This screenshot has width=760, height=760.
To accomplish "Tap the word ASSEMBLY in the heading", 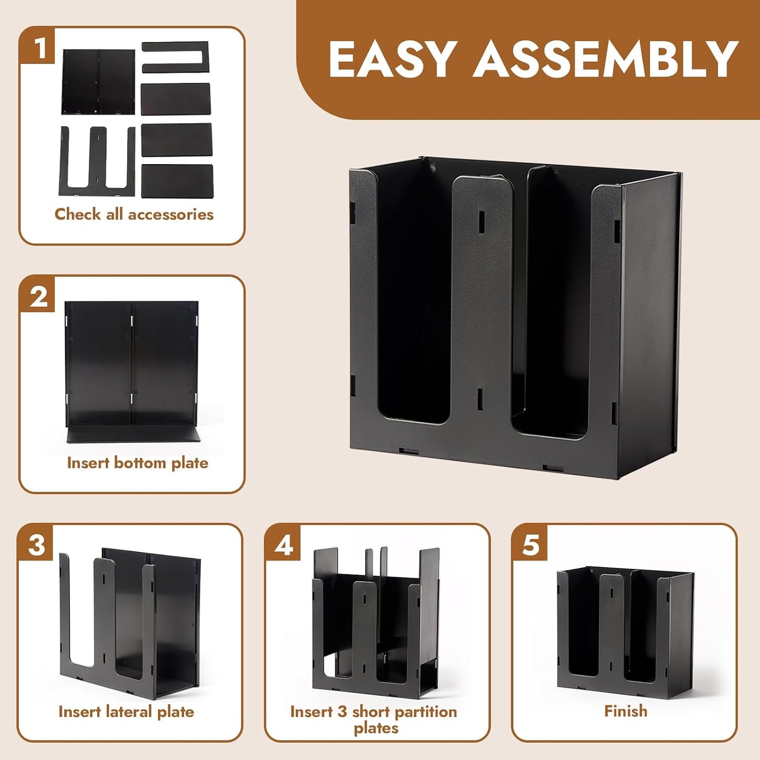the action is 605,59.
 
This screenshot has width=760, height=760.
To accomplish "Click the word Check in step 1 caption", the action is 78,214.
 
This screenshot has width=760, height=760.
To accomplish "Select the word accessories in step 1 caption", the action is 171,214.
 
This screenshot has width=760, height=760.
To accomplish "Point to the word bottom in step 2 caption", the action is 140,463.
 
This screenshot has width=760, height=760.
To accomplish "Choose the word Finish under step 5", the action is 626,711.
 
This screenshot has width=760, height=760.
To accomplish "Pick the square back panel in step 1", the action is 98,82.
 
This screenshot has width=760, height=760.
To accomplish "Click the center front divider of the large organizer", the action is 481,308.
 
